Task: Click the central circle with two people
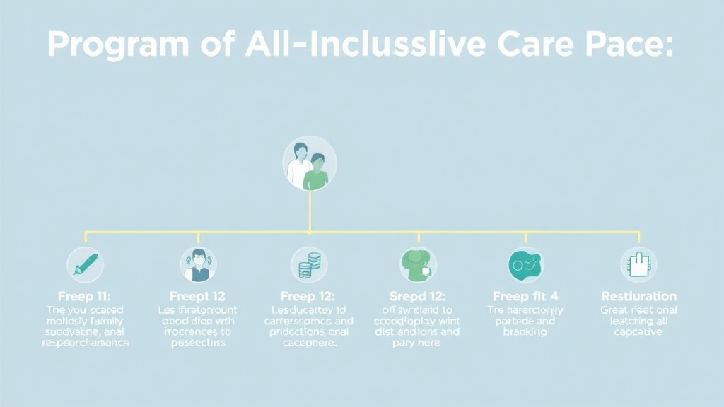[x=310, y=163]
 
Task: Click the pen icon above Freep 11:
[x=85, y=265]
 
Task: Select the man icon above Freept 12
[x=198, y=265]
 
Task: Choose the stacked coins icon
[x=309, y=265]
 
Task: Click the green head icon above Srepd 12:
[x=419, y=265]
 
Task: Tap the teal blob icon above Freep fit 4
[x=526, y=265]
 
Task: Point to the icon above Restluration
[x=638, y=265]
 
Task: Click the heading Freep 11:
[x=84, y=296]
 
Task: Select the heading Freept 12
[x=197, y=296]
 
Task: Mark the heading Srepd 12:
[x=418, y=296]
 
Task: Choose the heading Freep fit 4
[x=525, y=296]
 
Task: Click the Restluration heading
[x=638, y=296]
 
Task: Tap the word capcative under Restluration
[x=638, y=332]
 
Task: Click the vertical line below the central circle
[x=310, y=211]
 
